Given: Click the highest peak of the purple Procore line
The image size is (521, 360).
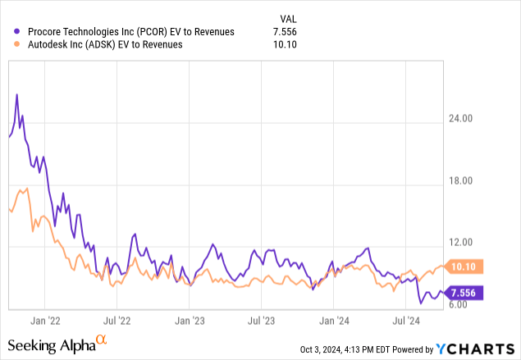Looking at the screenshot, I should coord(17,94).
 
